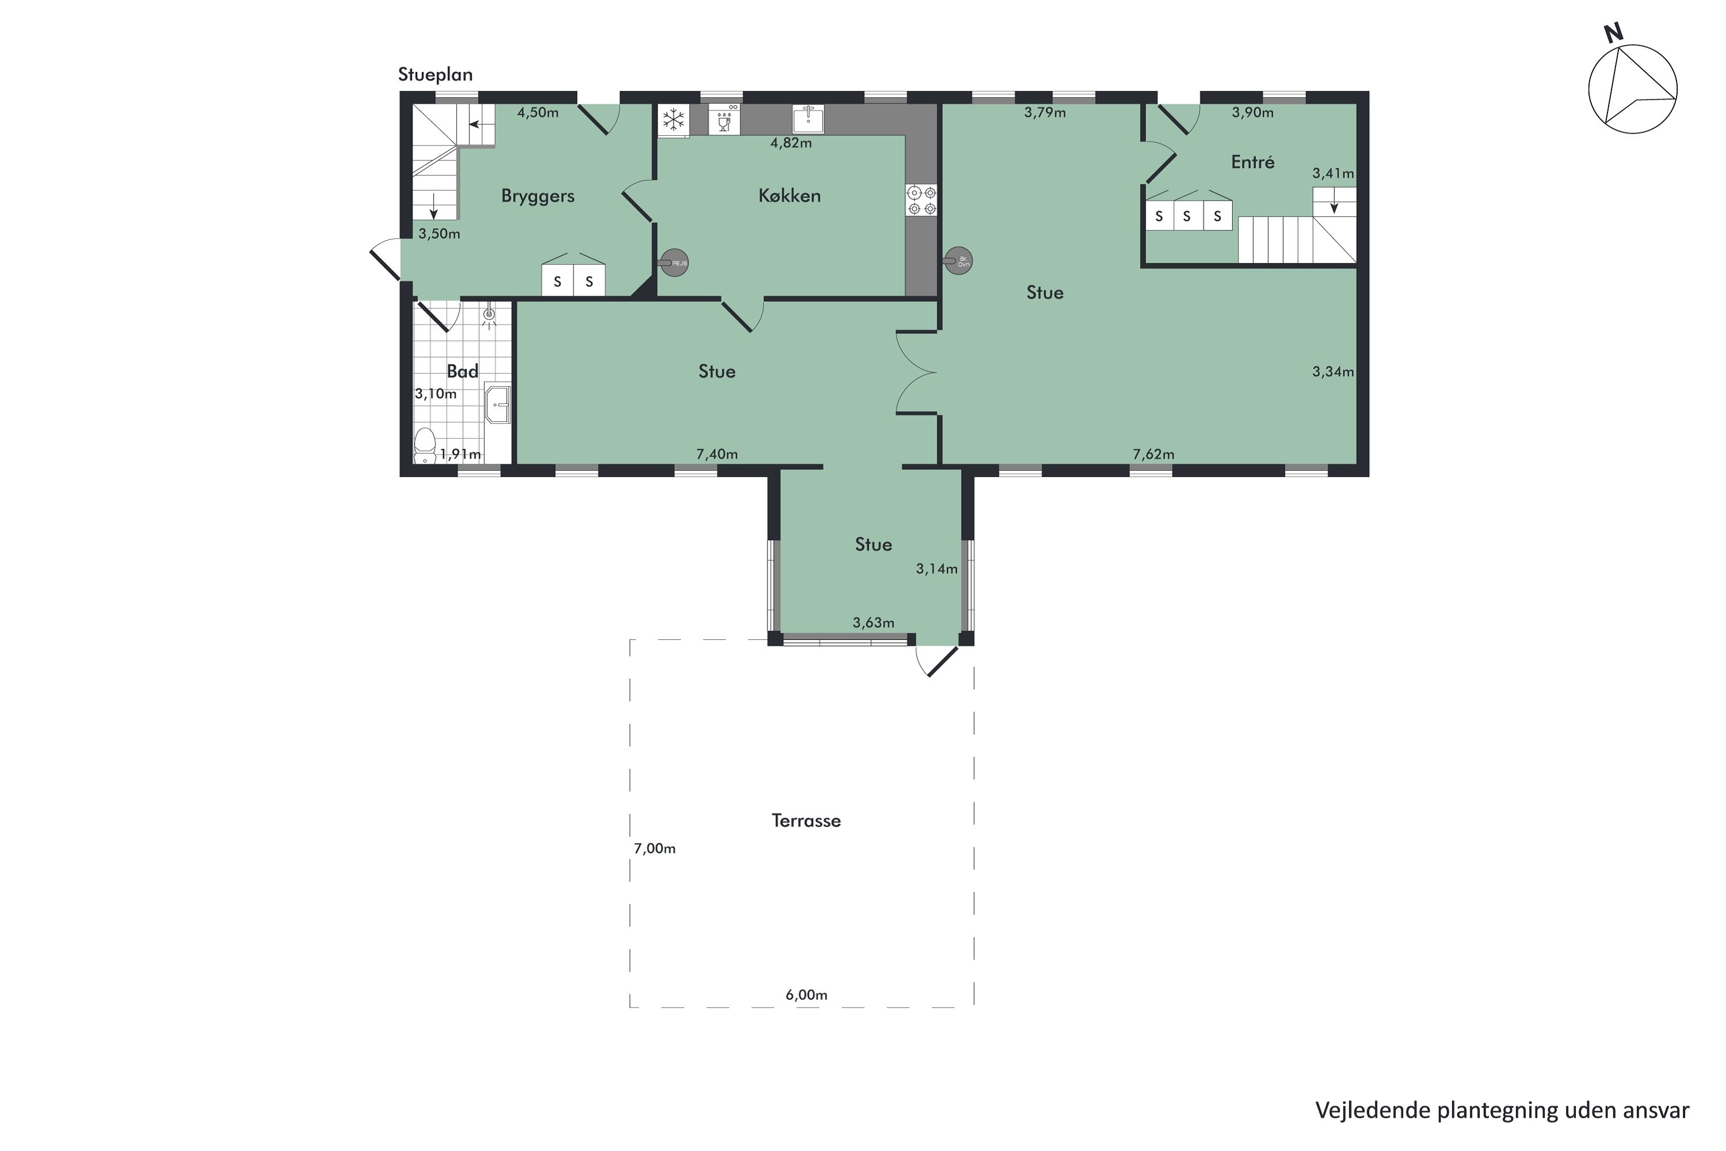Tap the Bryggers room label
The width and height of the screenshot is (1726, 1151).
point(537,196)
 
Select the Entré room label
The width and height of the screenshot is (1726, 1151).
point(1252,162)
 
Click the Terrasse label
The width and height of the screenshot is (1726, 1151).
point(806,821)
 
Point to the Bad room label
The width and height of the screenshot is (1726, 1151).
point(463,371)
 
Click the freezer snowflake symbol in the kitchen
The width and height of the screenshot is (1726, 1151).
point(673,120)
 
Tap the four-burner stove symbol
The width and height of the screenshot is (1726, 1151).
point(922,200)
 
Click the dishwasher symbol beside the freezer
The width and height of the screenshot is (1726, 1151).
point(724,119)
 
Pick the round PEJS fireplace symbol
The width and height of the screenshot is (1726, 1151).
point(674,262)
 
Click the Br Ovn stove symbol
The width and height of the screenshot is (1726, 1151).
point(959,261)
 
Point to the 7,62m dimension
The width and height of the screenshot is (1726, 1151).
point(1153,455)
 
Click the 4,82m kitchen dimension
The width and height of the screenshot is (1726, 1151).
point(791,143)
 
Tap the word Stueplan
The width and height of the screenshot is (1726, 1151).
point(435,75)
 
